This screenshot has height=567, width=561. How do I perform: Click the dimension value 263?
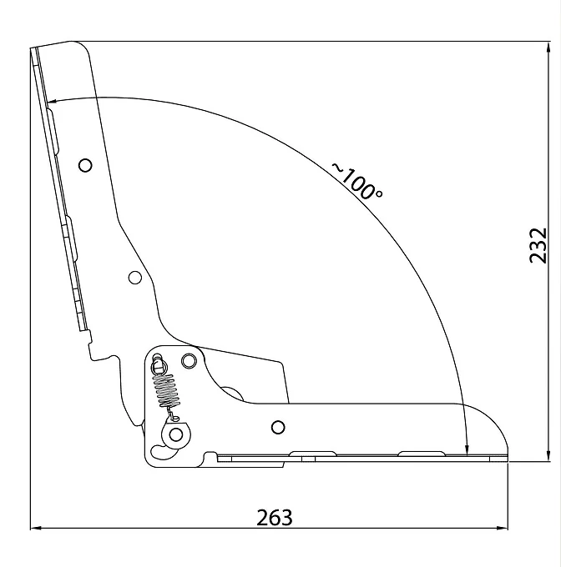pyautogui.click(x=275, y=517)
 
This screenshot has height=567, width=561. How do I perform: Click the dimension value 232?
pyautogui.click(x=538, y=245)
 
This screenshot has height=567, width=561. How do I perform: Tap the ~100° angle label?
pyautogui.click(x=356, y=180)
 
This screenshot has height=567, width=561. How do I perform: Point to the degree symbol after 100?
pyautogui.click(x=379, y=193)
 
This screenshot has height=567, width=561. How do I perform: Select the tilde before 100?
pyautogui.click(x=337, y=168)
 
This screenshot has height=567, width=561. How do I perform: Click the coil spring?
pyautogui.click(x=167, y=390)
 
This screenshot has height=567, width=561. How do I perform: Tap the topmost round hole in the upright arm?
pyautogui.click(x=85, y=165)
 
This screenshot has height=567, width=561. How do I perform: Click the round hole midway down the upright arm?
pyautogui.click(x=135, y=278)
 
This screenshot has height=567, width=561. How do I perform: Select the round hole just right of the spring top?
pyautogui.click(x=189, y=360)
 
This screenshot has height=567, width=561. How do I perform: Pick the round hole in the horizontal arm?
pyautogui.click(x=278, y=427)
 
